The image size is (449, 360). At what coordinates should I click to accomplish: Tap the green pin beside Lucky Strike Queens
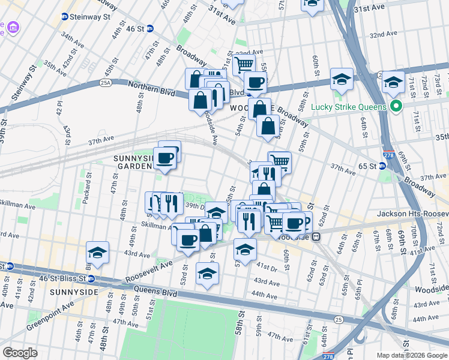[395, 108]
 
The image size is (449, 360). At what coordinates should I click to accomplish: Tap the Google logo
[20, 352]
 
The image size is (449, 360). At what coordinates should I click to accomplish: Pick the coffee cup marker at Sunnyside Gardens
[165, 158]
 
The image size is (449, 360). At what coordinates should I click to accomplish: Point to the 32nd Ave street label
[384, 35]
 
